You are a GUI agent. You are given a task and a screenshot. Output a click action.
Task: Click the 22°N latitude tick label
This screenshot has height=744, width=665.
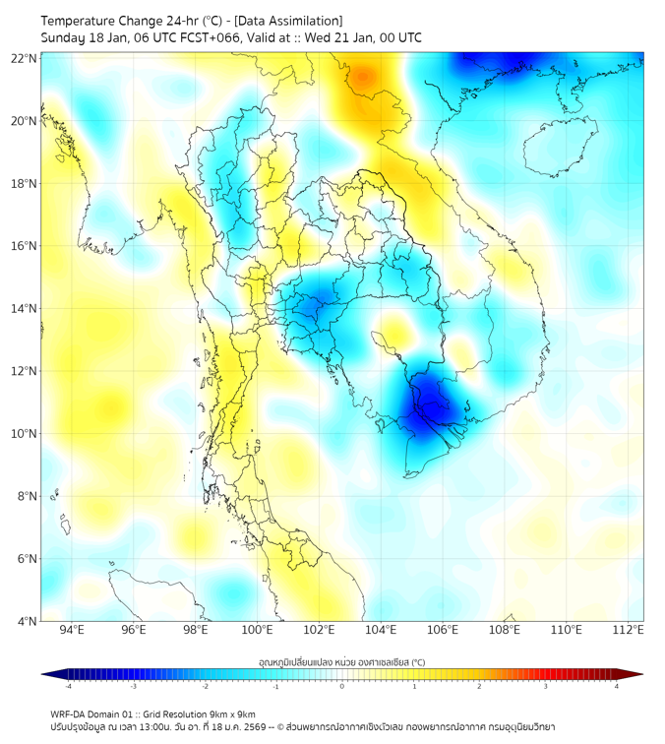click(x=25, y=58)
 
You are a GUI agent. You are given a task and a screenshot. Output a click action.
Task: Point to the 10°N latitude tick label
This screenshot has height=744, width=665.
click(x=25, y=434)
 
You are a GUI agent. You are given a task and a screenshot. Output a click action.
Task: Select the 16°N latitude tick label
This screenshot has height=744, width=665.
click(x=25, y=246)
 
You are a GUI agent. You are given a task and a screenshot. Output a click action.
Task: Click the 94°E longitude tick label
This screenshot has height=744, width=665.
click(x=72, y=631)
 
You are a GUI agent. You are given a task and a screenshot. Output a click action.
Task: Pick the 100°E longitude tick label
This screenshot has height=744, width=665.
click(x=257, y=631)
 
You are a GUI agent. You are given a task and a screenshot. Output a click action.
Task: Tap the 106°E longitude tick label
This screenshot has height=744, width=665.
click(x=443, y=631)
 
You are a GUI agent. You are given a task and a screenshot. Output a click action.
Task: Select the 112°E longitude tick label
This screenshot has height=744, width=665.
click(x=628, y=631)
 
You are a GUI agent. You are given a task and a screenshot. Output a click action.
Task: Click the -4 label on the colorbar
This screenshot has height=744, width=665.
click(x=67, y=687)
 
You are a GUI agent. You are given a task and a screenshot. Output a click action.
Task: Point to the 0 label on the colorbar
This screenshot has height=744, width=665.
click(x=342, y=687)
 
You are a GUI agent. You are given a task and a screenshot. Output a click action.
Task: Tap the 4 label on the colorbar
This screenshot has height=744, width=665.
click(x=617, y=687)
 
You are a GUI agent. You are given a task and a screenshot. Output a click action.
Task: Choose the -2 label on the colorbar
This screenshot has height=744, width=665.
click(x=204, y=687)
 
